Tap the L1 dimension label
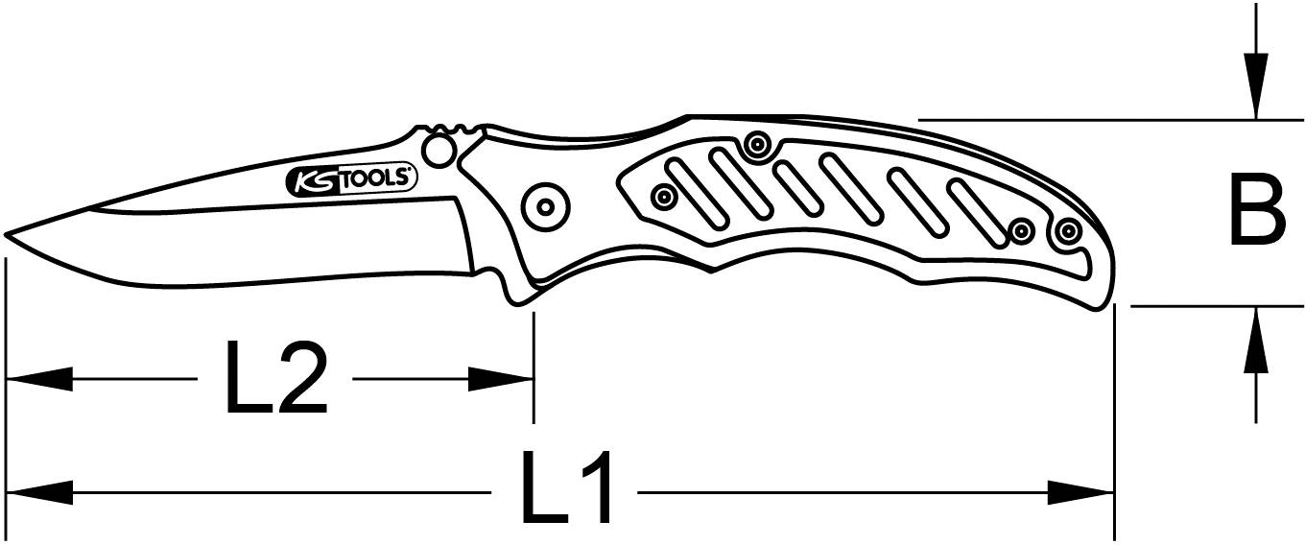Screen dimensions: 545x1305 [566, 491]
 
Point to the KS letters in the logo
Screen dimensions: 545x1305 [314, 180]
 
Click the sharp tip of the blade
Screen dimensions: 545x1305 [8, 233]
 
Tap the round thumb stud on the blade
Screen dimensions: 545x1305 [439, 151]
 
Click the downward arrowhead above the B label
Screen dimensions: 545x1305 [1256, 91]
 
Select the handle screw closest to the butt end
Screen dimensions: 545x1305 [1067, 230]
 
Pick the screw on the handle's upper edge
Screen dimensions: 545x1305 [757, 145]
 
